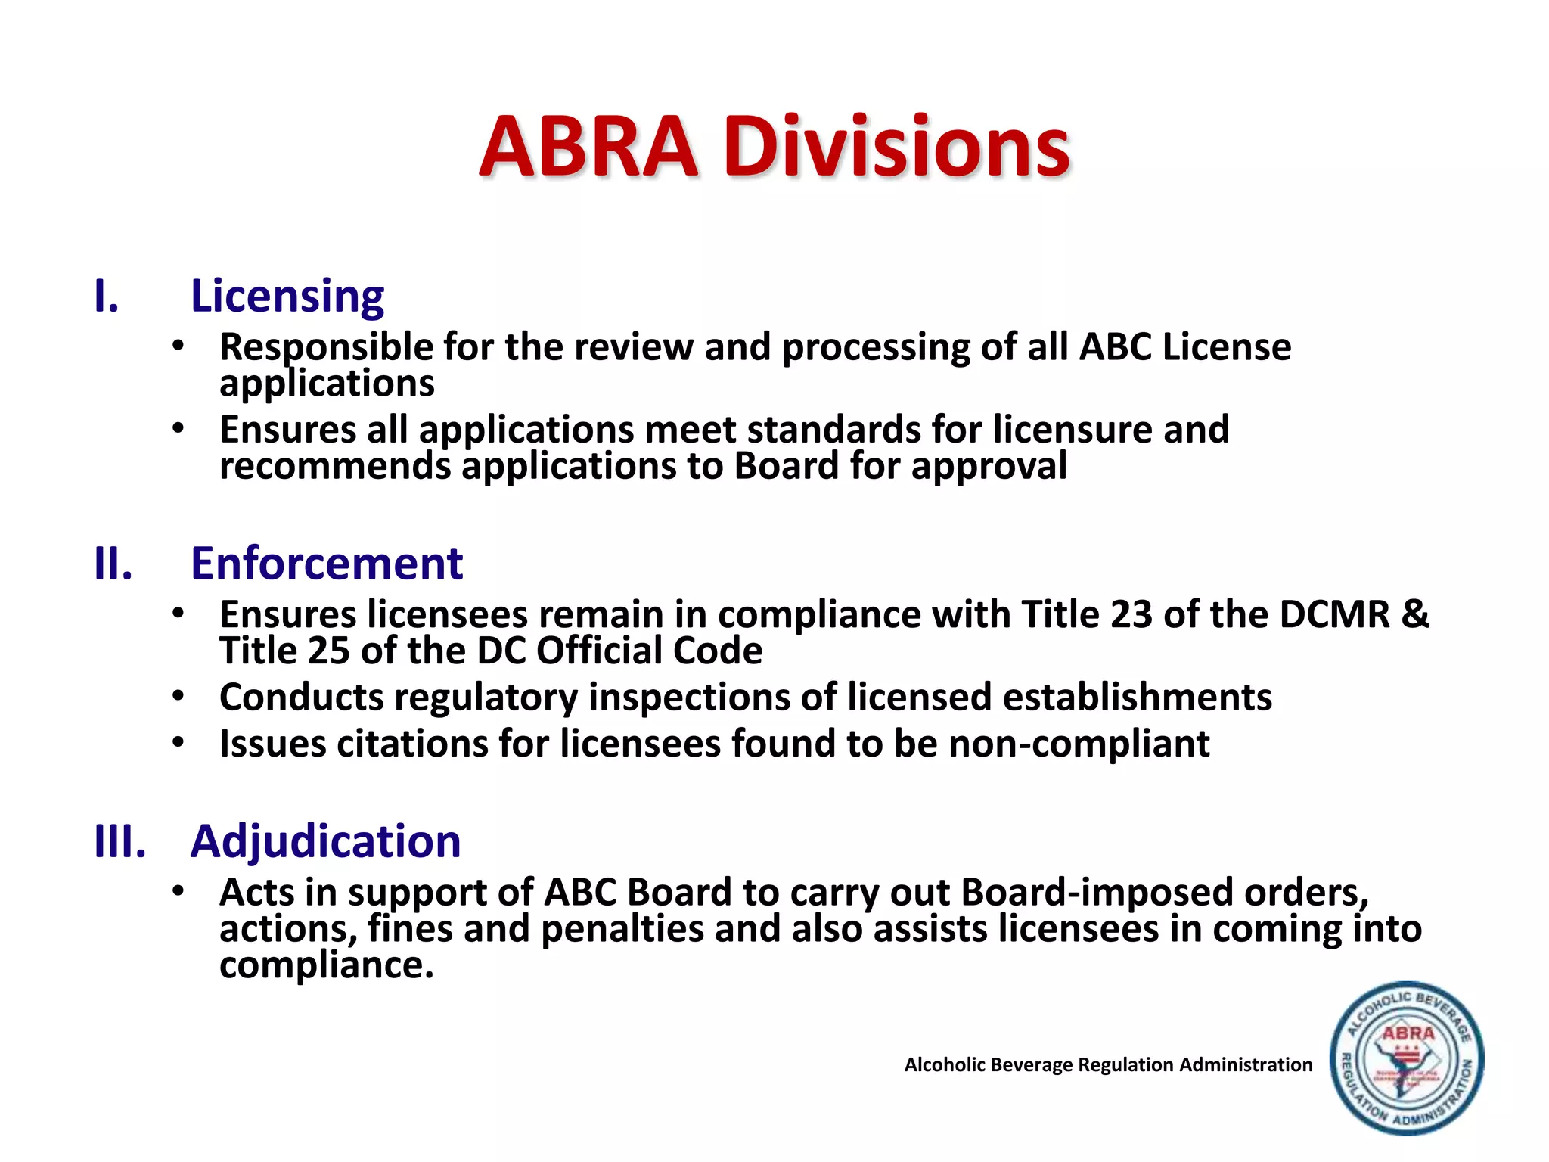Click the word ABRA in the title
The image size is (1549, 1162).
(588, 148)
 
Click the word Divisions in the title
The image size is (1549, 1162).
(896, 148)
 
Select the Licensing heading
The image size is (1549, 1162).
(287, 296)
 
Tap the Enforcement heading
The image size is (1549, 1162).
(326, 564)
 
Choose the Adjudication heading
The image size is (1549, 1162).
(325, 841)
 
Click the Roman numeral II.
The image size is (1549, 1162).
(113, 564)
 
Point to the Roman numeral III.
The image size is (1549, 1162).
(120, 841)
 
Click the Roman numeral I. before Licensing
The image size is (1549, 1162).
(107, 297)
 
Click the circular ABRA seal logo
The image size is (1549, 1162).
(1406, 1059)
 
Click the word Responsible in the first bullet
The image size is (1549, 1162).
(326, 348)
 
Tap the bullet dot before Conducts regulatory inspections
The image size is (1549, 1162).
(178, 695)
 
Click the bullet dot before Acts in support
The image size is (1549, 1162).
(178, 891)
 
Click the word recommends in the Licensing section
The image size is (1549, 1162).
(335, 466)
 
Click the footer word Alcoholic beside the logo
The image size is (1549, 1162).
(945, 1065)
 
